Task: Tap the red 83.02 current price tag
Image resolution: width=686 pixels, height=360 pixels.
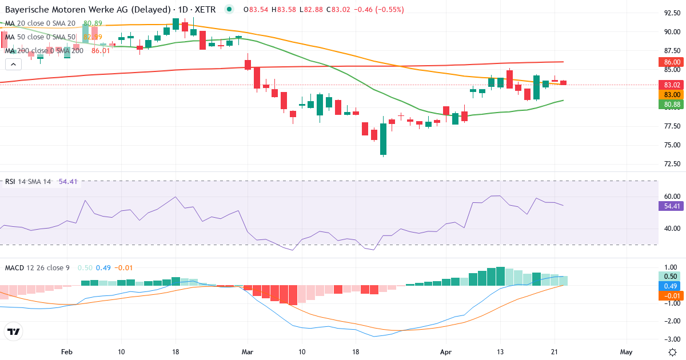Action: pyautogui.click(x=672, y=85)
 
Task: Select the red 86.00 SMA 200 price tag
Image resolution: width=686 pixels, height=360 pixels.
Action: pyautogui.click(x=672, y=62)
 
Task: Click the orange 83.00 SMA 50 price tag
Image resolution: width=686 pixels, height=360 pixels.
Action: pyautogui.click(x=672, y=95)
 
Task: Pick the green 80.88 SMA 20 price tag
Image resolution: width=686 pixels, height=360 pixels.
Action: pyautogui.click(x=672, y=105)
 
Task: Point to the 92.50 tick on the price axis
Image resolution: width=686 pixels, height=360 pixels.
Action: pyautogui.click(x=672, y=13)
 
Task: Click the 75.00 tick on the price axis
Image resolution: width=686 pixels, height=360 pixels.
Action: pyautogui.click(x=672, y=145)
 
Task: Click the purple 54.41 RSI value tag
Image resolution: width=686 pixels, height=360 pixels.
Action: pyautogui.click(x=672, y=206)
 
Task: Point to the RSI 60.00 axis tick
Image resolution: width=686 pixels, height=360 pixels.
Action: pyautogui.click(x=672, y=196)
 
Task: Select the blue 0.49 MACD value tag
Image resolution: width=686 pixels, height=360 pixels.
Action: pyautogui.click(x=672, y=286)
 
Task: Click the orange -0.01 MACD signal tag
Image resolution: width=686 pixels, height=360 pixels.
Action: pyautogui.click(x=672, y=295)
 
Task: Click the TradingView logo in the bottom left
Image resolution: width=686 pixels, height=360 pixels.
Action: pyautogui.click(x=14, y=331)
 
